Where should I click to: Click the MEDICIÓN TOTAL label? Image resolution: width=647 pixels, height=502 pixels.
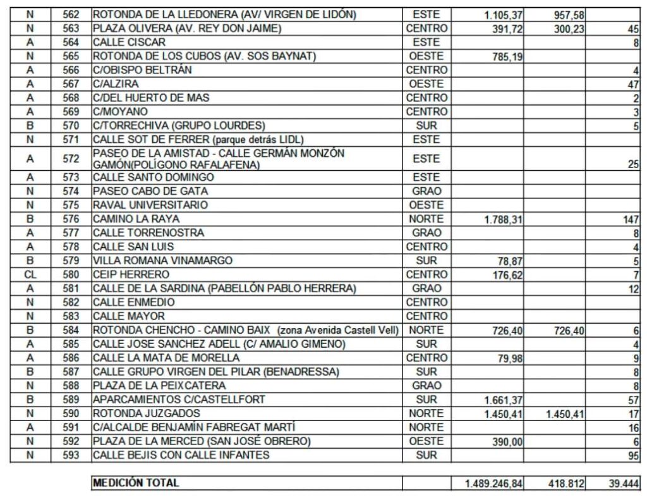point(136,483)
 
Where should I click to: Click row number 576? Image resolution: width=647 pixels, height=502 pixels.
point(71,219)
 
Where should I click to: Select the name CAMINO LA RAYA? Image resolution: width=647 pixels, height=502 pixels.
point(136,219)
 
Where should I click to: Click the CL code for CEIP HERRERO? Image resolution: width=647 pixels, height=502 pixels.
point(30,274)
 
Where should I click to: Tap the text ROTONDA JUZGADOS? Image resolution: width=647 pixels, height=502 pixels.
point(137,413)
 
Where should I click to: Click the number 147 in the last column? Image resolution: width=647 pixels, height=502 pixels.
point(630,219)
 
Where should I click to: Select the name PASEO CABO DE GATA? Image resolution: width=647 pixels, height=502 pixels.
point(150,191)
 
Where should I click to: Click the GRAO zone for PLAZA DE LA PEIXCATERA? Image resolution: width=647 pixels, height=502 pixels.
point(426,386)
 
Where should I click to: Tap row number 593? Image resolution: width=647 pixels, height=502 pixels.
point(71,455)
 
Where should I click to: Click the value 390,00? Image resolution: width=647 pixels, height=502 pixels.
point(507,442)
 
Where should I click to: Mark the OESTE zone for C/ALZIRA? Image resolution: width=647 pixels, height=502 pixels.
point(426,83)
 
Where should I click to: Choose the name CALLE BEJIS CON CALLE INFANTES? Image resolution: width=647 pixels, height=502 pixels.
point(181,455)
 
